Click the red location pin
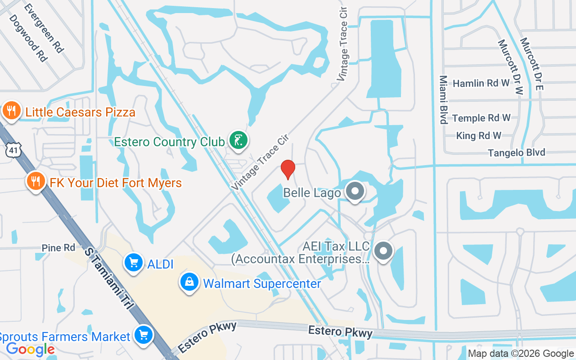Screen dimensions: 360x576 (288, 169)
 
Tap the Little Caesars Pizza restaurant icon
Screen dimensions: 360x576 (11, 111)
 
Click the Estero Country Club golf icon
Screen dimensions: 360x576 (238, 140)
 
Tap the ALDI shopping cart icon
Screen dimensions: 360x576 (134, 263)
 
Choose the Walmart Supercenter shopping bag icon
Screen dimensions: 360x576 (189, 283)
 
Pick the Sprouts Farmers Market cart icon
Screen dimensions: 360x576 (144, 335)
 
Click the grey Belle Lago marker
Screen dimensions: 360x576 (355, 191)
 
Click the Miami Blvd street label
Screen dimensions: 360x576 (443, 99)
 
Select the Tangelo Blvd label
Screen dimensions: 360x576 (517, 153)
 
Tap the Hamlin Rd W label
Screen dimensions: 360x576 (481, 83)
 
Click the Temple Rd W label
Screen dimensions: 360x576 (481, 118)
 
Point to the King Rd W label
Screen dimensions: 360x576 (478, 135)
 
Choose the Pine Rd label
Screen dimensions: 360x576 (58, 248)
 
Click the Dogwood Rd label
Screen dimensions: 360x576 (28, 38)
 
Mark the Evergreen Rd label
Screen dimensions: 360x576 (44, 28)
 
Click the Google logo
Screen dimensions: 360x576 (30, 349)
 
